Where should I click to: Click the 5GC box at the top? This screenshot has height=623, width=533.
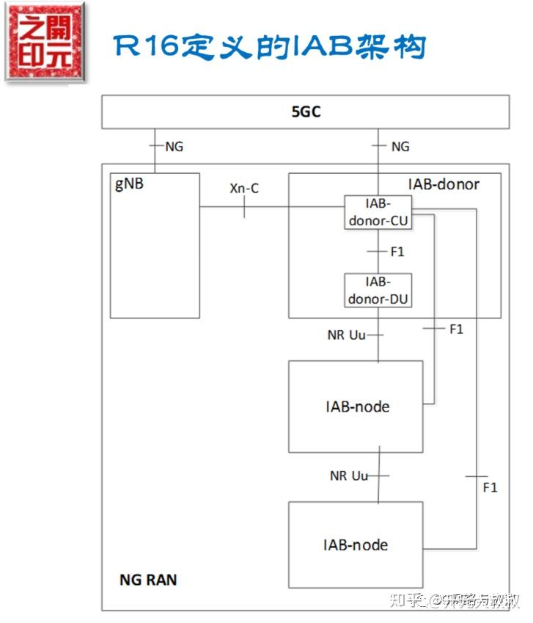point(305,112)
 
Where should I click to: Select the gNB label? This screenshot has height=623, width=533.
point(129,183)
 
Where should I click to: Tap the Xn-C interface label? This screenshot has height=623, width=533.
point(244,189)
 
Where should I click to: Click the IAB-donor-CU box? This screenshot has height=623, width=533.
point(378,212)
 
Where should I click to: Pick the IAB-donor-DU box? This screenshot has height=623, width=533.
point(378,291)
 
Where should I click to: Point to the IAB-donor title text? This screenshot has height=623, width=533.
point(443,184)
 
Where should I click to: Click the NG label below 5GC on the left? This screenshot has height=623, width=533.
point(174,147)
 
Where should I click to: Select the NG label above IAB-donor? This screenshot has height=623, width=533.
point(400,147)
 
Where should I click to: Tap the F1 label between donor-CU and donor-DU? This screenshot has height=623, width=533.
point(397,252)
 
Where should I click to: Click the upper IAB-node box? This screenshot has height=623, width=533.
point(356,406)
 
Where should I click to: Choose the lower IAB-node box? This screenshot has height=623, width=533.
point(356,544)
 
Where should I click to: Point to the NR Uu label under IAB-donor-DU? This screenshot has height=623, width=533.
point(347,335)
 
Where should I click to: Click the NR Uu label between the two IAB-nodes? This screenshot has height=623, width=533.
point(348,476)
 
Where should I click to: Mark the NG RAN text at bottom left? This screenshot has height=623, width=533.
point(148,580)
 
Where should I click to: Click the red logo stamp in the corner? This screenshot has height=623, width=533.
point(45,42)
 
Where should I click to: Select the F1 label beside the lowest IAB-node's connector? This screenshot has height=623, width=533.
point(490,487)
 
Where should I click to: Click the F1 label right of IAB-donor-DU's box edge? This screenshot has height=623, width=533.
point(456,329)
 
